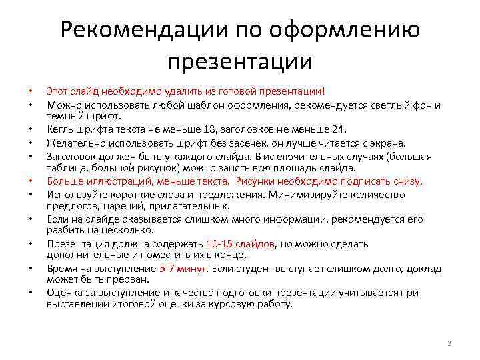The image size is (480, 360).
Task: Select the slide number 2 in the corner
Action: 449,343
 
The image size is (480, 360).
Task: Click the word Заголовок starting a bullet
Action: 69,156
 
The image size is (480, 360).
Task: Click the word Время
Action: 61,269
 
